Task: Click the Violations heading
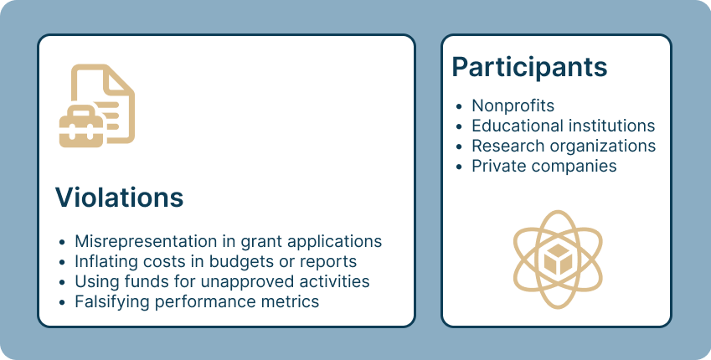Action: click(119, 198)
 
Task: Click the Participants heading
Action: click(529, 68)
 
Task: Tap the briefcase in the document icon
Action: click(81, 127)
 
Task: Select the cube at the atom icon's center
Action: click(558, 260)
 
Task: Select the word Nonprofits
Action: click(513, 105)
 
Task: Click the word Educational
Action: click(513, 126)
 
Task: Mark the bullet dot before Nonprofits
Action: click(459, 106)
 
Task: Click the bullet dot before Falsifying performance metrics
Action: click(62, 302)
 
